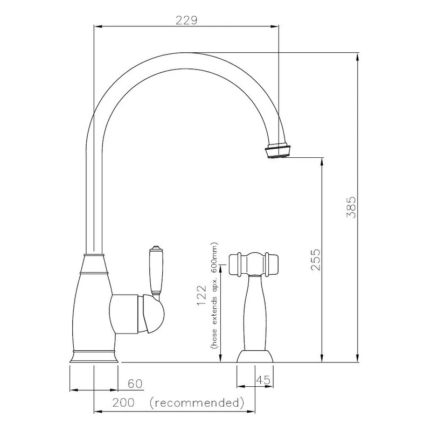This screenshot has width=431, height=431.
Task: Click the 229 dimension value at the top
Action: click(x=187, y=20)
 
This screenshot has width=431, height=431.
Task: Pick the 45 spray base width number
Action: click(x=263, y=380)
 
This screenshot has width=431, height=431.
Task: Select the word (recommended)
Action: click(x=197, y=402)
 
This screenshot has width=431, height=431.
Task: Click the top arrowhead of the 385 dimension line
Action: click(x=356, y=55)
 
